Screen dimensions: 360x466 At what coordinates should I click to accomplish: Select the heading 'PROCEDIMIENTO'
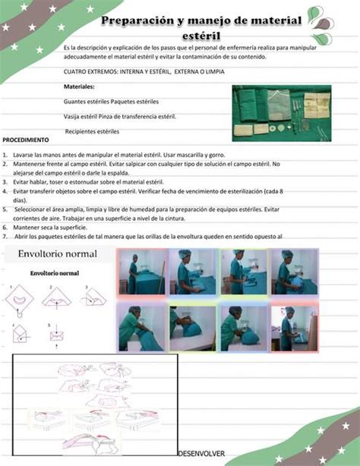26,140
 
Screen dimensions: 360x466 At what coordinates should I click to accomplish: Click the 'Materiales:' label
79,87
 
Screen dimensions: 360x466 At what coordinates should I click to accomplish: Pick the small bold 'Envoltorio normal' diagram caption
55,272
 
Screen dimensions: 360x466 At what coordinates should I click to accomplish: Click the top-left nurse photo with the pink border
141,272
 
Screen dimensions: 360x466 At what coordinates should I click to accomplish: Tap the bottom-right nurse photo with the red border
296,327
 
